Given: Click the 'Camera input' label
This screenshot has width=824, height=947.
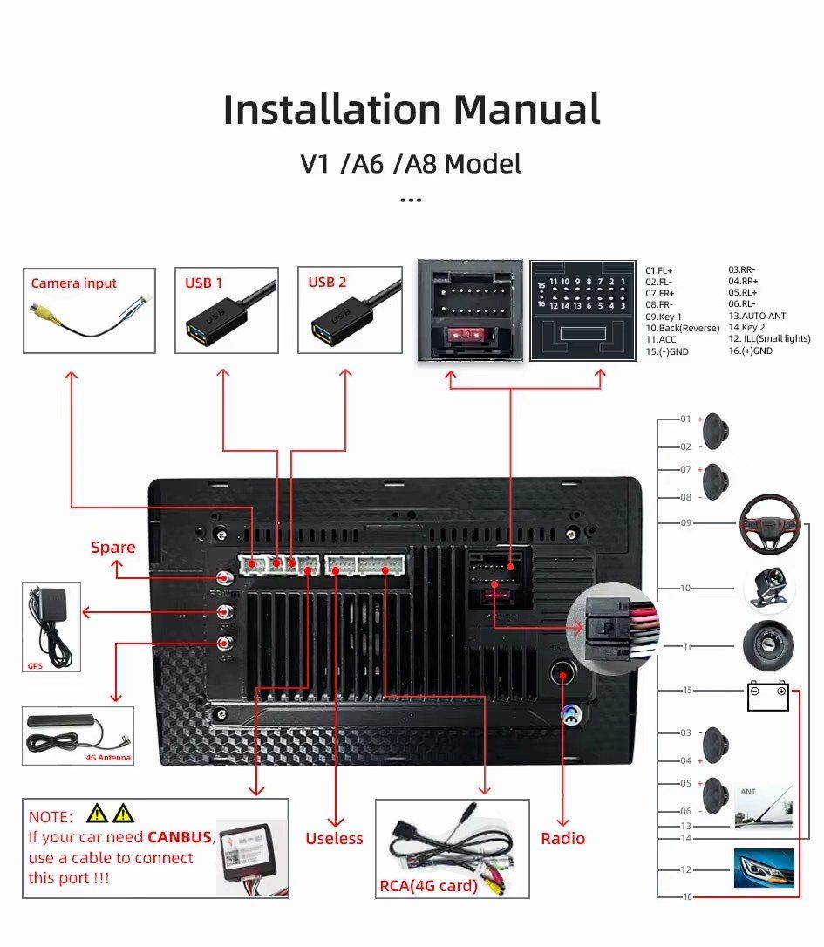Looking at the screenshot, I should click(73, 283).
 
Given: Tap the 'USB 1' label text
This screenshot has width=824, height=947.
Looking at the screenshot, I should click(203, 283).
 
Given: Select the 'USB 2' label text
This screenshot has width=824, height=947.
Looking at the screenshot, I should click(327, 283).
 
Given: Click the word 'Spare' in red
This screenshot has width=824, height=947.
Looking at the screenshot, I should click(113, 548).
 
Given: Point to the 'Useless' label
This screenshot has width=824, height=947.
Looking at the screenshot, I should click(334, 839).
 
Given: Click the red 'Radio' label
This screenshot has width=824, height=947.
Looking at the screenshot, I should click(563, 839).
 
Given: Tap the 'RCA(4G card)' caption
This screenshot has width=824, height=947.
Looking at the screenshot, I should click(428, 886).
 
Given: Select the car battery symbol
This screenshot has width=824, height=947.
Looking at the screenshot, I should click(767, 697).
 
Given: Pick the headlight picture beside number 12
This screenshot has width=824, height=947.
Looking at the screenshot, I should click(764, 869).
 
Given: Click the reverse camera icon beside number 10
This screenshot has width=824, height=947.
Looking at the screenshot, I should click(769, 589).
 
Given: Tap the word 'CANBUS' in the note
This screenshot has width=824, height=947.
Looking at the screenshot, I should click(180, 837).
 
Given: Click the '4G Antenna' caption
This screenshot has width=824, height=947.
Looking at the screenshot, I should click(108, 758).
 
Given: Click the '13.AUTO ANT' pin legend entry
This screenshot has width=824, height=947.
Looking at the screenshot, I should click(757, 316).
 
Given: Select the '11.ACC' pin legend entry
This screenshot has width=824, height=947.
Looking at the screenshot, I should click(660, 339).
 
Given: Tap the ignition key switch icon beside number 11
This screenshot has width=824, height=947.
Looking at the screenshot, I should click(768, 647).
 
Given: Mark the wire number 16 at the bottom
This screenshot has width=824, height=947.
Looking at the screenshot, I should click(687, 896).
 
